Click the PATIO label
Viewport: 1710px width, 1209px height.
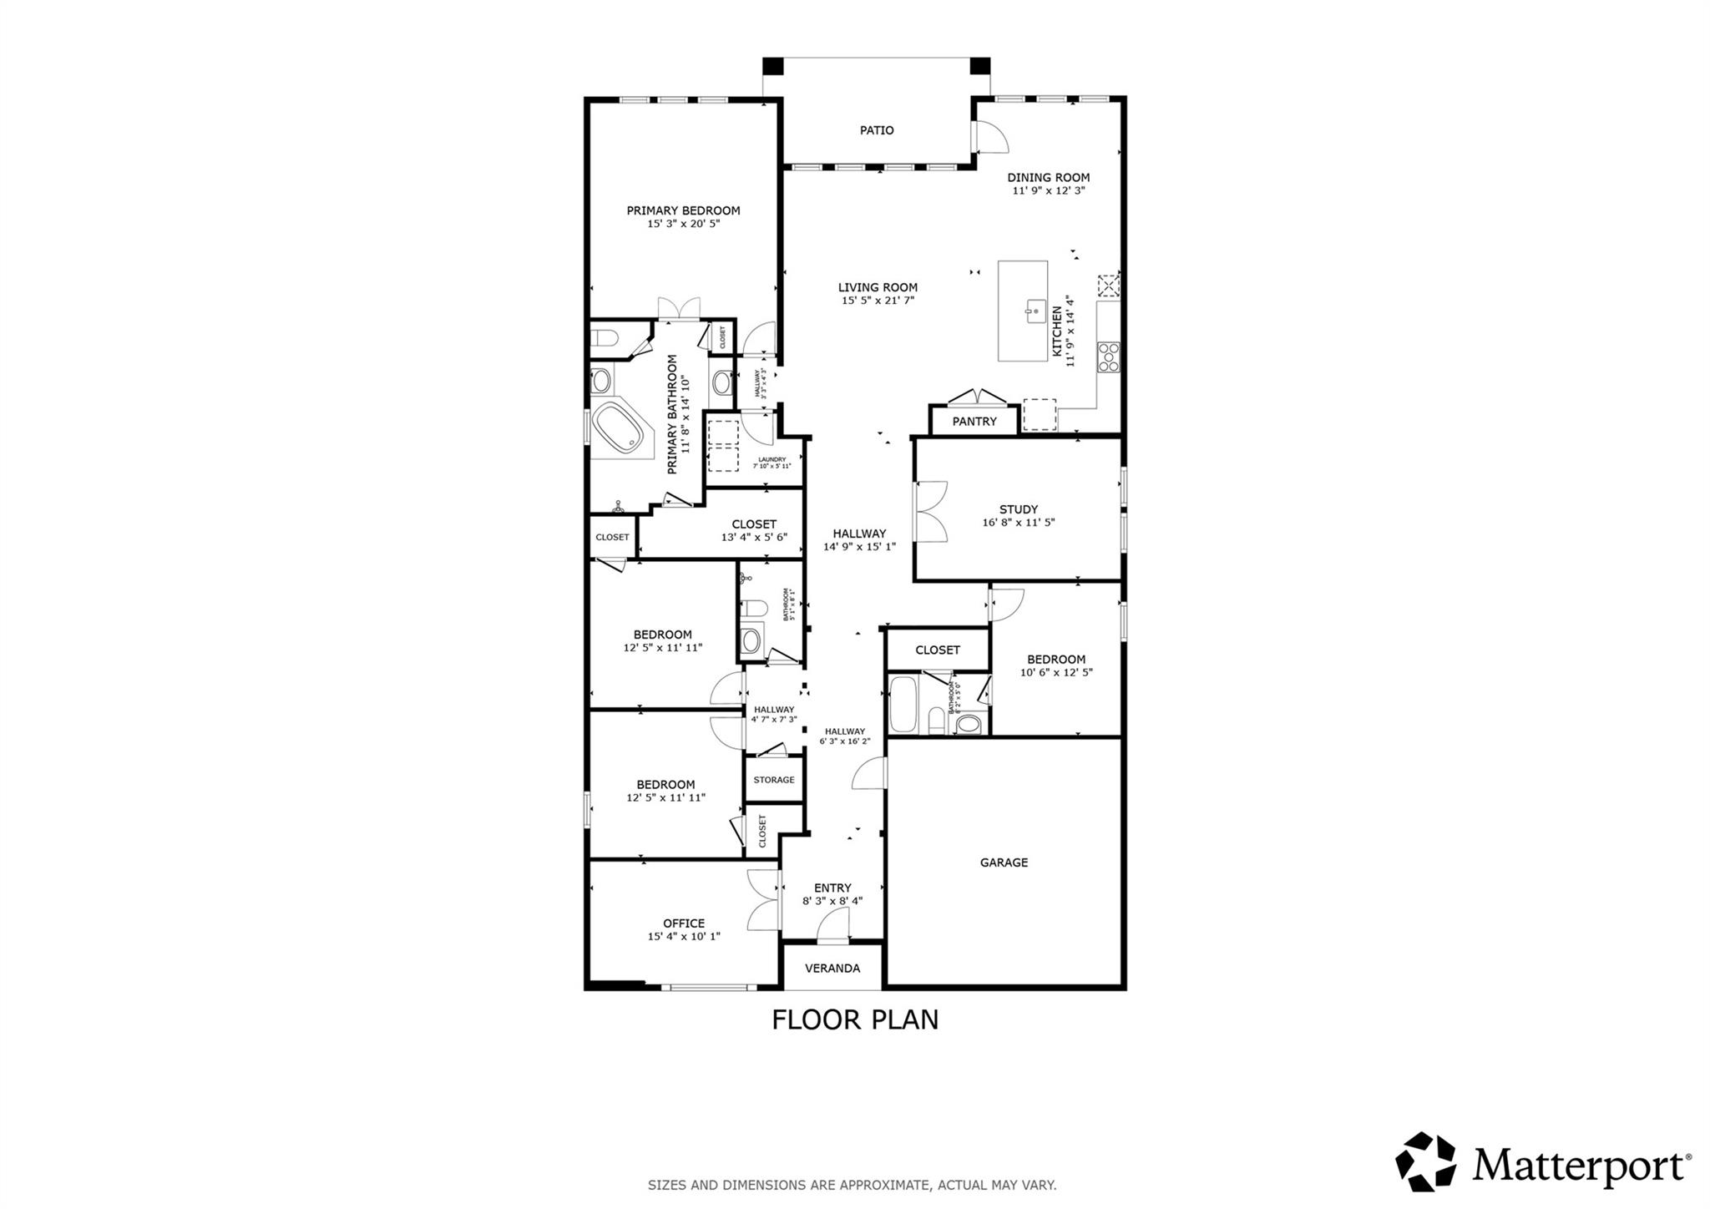[x=877, y=130]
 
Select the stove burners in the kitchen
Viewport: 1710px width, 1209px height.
[x=1108, y=357]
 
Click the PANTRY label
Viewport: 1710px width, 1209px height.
[x=974, y=422]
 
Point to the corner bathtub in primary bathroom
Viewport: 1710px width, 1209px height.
[x=622, y=428]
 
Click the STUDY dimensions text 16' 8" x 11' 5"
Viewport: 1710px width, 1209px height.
[x=1019, y=523]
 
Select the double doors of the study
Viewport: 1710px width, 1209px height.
[x=930, y=513]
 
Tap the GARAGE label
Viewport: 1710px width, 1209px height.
[x=1004, y=862]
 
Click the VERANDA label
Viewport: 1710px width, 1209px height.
[x=832, y=969]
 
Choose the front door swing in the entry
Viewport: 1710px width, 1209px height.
[x=833, y=925]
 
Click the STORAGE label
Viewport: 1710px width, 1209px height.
[x=774, y=780]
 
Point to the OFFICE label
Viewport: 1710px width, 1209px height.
[x=684, y=923]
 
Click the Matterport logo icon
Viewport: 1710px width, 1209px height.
[x=1425, y=1161]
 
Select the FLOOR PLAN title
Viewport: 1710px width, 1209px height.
[x=855, y=1019]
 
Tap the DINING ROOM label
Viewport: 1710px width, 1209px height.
[x=1048, y=177]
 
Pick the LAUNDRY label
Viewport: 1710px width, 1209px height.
[x=772, y=459]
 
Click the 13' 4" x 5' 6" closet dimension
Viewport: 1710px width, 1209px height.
[x=754, y=538]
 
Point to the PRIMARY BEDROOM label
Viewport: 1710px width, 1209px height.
[x=683, y=210]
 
